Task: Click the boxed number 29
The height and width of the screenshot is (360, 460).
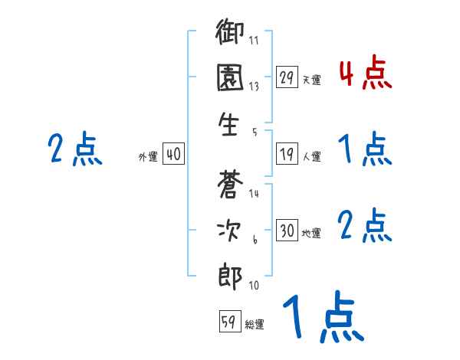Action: point(287,77)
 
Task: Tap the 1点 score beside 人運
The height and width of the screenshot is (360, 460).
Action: point(365,149)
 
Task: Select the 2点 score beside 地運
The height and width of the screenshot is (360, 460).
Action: point(365,225)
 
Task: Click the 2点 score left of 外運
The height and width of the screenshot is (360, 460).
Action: point(74,149)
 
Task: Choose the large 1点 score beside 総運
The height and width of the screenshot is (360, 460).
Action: point(322,318)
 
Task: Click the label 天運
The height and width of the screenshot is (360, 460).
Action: point(311,79)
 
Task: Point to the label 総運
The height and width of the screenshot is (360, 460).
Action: point(255,325)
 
